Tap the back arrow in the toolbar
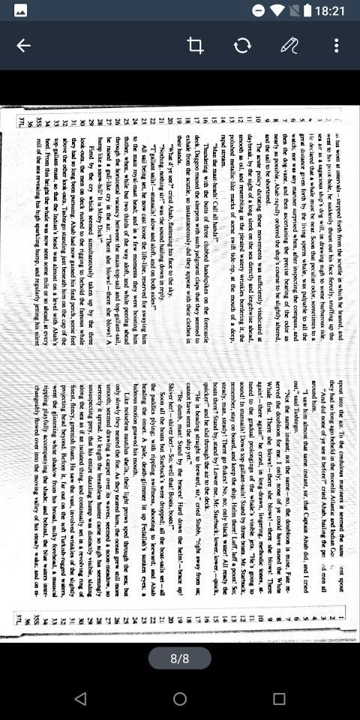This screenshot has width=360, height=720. pos(24,46)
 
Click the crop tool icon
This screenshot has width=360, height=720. pos(195,46)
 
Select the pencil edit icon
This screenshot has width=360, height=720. pos(289,46)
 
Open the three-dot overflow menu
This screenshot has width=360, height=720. pos(337,46)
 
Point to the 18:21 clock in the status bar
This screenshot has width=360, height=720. pos(331,11)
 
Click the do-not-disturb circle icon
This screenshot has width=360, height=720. pos(258,11)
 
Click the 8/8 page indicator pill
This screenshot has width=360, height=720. pos(180,658)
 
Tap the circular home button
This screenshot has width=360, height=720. pos(180,699)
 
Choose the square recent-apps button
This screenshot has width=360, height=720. pos(279,699)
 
